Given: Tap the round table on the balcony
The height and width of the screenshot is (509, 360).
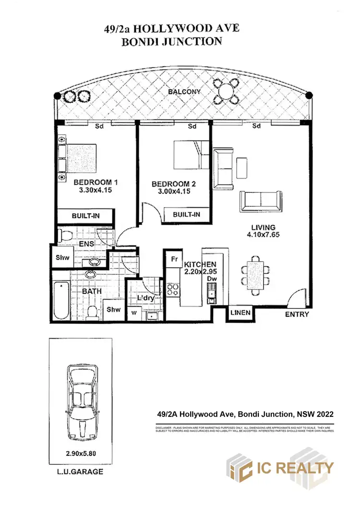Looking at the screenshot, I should tap(225, 90).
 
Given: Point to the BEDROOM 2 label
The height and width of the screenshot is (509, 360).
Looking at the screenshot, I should tap(174, 184).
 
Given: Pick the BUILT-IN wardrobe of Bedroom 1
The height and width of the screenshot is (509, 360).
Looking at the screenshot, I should tap(85, 216).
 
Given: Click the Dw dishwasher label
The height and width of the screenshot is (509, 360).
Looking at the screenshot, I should tap(210, 279).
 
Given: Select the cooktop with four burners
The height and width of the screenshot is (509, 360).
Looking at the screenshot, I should tap(173, 289).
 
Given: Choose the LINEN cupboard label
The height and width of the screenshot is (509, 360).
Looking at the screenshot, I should tap(240, 313).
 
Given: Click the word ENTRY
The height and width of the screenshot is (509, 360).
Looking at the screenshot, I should tap(297, 315).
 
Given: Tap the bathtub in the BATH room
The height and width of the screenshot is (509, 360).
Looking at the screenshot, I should tap(60, 301).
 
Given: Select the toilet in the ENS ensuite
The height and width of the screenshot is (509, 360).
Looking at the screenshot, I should tap(66, 235).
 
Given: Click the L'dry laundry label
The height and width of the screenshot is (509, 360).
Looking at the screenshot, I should tap(144, 298).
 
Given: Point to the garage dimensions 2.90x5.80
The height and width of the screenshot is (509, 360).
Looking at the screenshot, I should tap(81, 452).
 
